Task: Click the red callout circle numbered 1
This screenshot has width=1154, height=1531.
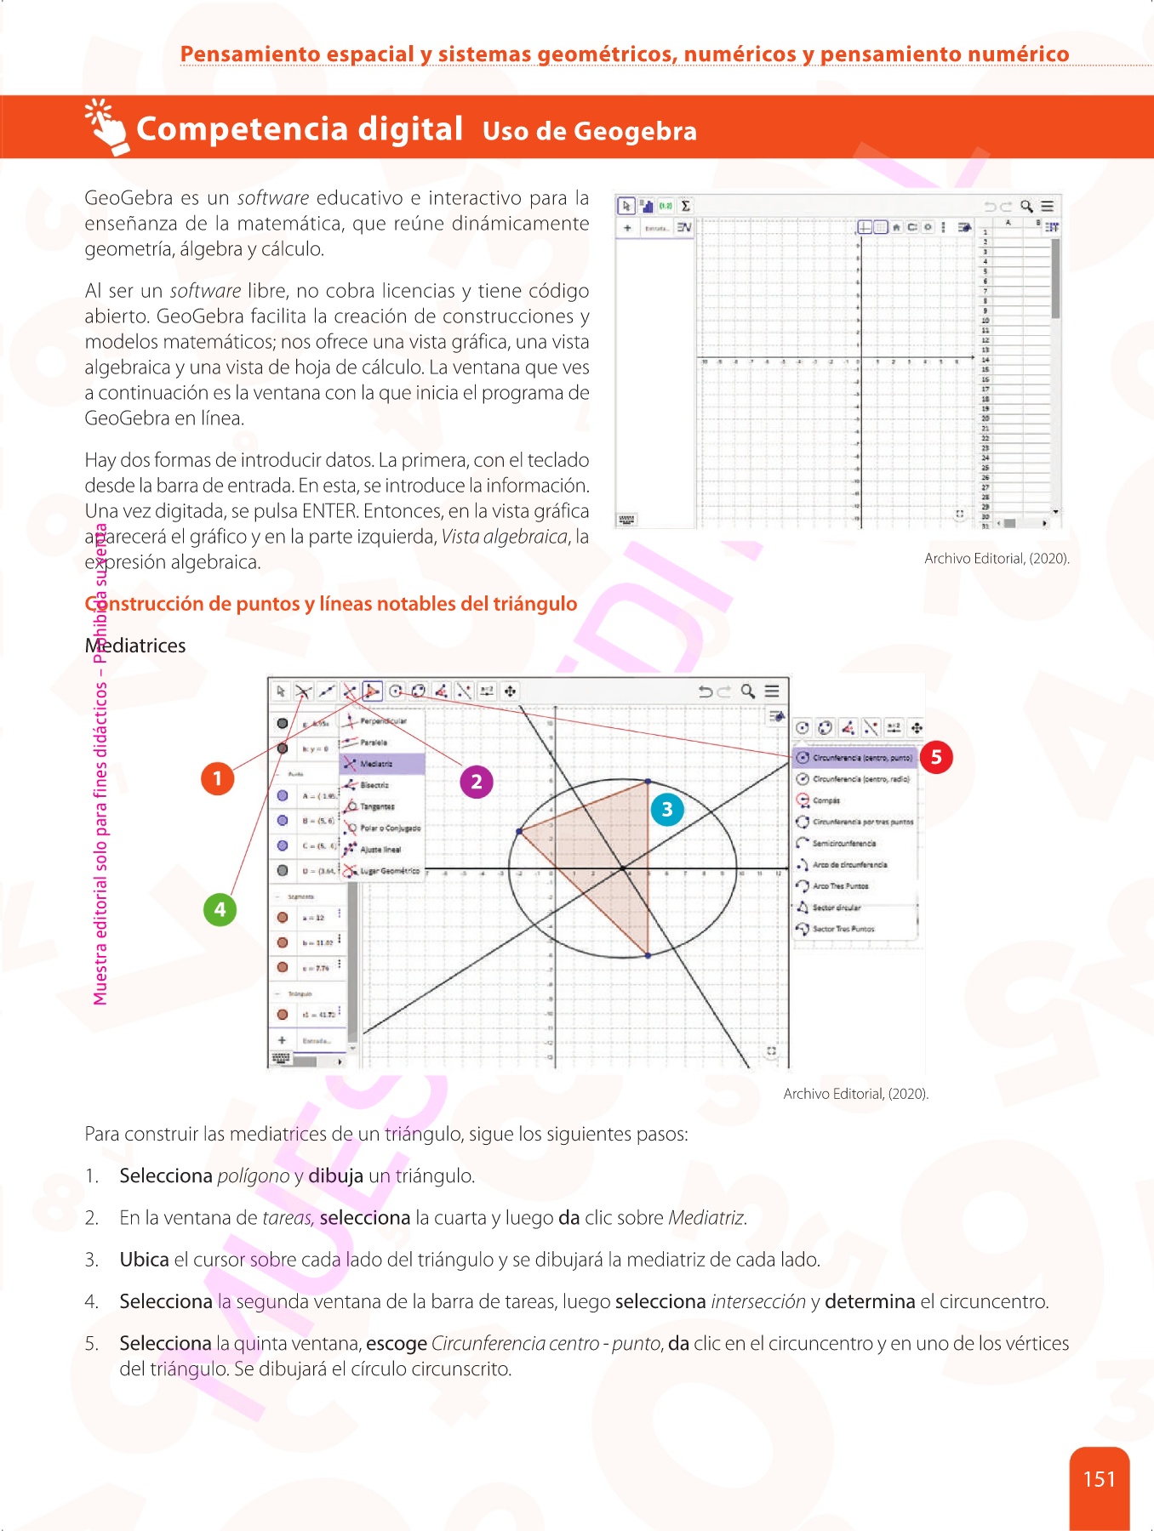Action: (x=217, y=778)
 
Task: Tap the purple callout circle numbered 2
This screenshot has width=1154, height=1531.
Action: (x=477, y=782)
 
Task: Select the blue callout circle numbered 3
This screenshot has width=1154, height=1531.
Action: (x=667, y=809)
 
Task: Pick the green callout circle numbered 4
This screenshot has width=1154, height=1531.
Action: (x=220, y=909)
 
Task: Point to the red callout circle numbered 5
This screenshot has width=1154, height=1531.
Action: (x=936, y=757)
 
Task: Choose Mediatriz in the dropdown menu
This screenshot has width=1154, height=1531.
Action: (x=376, y=764)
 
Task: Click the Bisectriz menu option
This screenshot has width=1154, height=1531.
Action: (x=374, y=785)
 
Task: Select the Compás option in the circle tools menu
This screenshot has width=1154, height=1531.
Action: (x=826, y=800)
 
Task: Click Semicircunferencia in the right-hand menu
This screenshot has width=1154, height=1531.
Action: (x=843, y=843)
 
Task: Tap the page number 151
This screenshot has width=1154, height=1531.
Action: (x=1099, y=1480)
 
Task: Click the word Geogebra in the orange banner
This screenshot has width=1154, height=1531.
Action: (x=635, y=131)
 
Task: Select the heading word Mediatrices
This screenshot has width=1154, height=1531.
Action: (x=135, y=646)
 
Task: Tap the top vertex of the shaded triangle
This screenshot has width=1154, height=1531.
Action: (x=648, y=781)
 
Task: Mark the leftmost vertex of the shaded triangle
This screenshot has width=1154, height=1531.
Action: (x=519, y=831)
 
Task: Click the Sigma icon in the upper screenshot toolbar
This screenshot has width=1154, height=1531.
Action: (x=685, y=206)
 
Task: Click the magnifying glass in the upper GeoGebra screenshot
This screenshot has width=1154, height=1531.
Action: (x=1027, y=206)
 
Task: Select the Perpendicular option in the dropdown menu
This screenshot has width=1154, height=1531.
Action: (x=383, y=721)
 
